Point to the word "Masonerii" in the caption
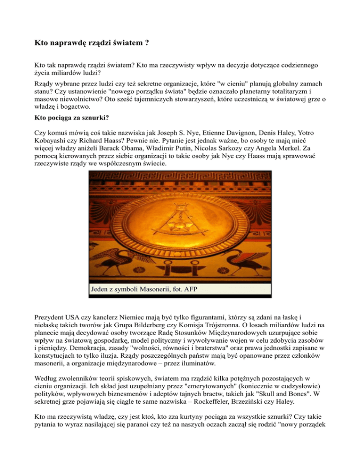146,289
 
